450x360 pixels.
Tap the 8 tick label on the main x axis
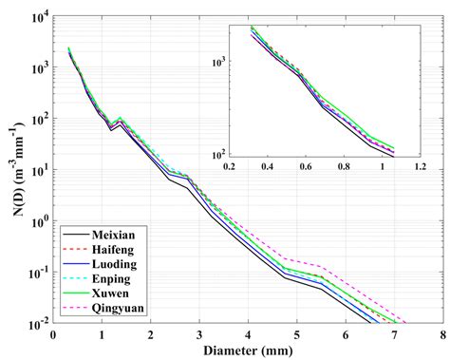pyautogui.click(x=441, y=335)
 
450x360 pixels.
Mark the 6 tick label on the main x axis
pyautogui.click(x=345, y=335)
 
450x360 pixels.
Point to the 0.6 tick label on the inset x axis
pyautogui.click(x=306, y=166)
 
